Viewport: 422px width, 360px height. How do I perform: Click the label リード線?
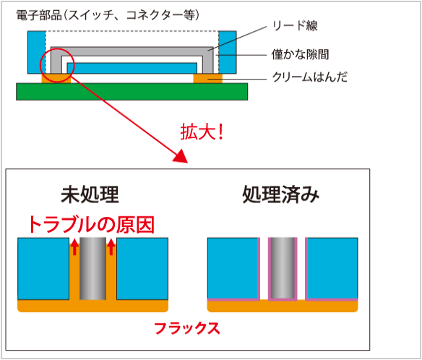[295, 26]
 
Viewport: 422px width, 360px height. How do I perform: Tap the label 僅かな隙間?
[300, 54]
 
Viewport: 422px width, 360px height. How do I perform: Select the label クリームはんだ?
[310, 77]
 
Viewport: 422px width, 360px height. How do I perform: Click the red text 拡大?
[202, 132]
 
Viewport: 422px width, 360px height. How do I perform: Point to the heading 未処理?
[90, 194]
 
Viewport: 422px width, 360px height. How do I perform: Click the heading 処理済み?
[281, 194]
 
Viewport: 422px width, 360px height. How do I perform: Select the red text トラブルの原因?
[92, 224]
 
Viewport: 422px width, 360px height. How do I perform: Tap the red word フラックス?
[187, 328]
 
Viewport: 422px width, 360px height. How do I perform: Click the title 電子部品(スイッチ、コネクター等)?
[108, 15]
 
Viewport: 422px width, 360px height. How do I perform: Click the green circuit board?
[132, 92]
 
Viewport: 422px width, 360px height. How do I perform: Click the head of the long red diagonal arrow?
[181, 156]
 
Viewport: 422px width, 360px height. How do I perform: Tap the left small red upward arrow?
[74, 247]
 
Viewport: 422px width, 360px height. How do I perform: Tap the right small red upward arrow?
[111, 247]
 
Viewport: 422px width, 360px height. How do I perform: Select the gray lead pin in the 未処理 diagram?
[92, 269]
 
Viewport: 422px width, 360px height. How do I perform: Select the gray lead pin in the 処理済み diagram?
[283, 268]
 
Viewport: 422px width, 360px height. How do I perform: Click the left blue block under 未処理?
[43, 269]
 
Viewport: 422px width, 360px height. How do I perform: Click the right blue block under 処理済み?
[332, 268]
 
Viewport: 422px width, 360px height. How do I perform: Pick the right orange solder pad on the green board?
[208, 78]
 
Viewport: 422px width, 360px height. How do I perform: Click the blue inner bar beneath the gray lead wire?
[132, 68]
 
